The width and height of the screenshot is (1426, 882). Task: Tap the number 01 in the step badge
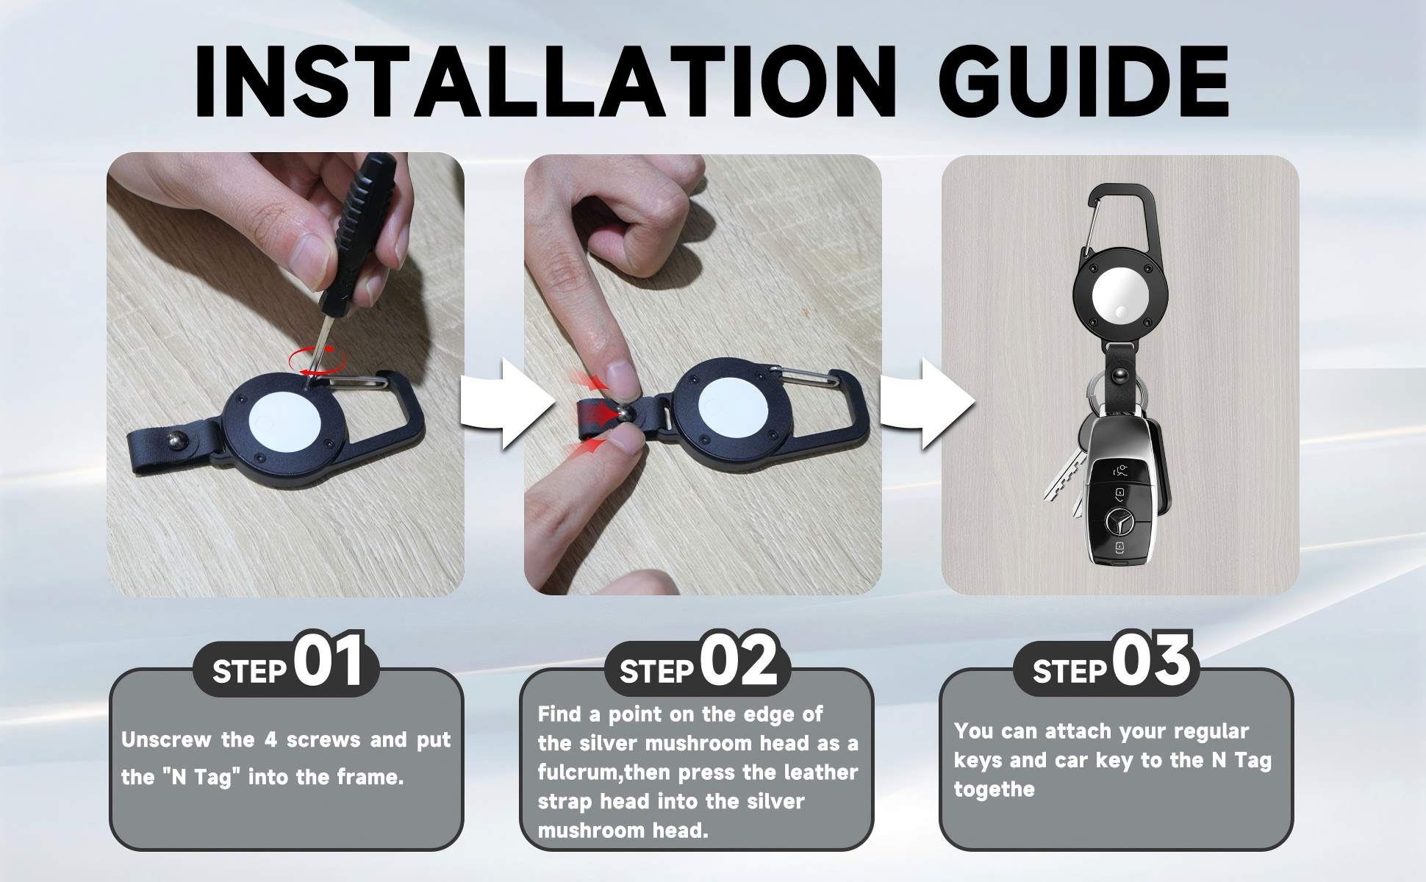point(329,661)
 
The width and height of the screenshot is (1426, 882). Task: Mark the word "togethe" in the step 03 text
point(994,789)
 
